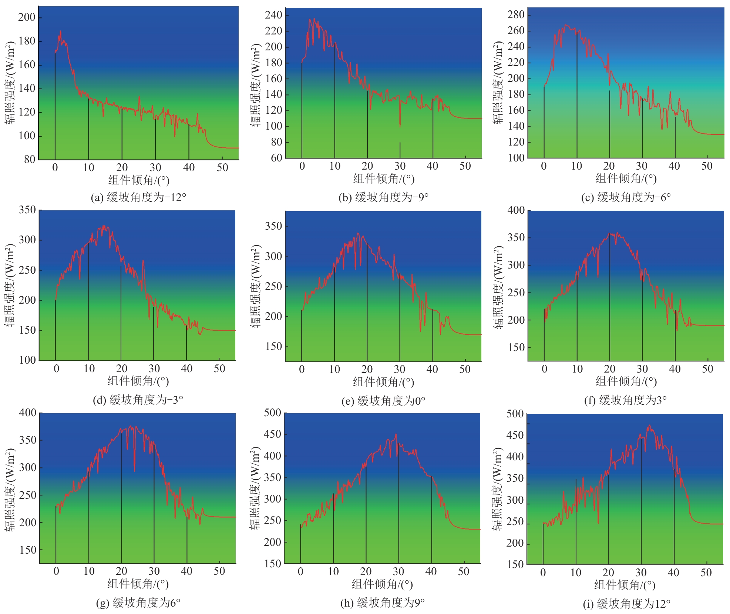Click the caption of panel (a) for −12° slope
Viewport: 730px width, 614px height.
click(138, 197)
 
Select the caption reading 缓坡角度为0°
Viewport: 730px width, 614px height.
click(383, 401)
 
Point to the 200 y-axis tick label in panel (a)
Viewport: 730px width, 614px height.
click(27, 17)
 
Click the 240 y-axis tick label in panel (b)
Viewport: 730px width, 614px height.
click(273, 15)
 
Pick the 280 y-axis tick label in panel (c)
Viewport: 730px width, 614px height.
click(516, 14)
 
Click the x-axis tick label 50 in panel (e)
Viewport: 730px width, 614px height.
click(465, 369)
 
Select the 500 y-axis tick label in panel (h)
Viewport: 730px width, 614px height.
click(273, 413)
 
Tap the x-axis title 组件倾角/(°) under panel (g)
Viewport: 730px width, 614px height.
click(138, 584)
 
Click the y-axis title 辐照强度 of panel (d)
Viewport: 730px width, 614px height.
click(10, 285)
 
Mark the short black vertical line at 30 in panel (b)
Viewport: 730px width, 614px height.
click(400, 150)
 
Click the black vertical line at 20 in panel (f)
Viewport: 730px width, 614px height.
click(610, 296)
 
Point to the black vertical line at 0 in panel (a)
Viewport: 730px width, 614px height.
click(55, 107)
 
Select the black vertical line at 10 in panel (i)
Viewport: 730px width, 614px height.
click(576, 522)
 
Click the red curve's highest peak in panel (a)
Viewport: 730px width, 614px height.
click(60, 32)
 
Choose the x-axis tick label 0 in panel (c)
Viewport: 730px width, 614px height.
click(544, 166)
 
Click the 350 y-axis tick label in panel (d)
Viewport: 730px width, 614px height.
click(27, 210)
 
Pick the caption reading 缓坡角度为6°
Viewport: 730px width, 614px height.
click(138, 603)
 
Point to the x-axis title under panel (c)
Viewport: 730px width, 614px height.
click(626, 179)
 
